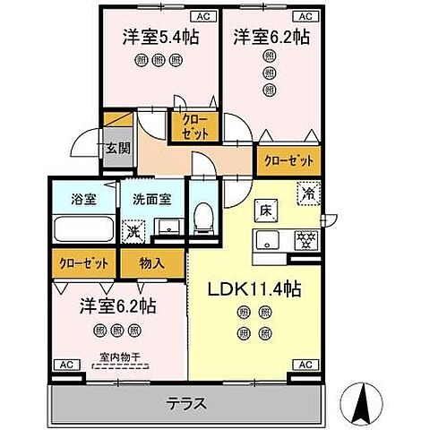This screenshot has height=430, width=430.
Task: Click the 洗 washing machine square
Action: pos(133,229)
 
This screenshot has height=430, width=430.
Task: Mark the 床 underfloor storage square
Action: pos(266,211)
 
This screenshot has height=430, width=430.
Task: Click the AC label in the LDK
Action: pos(305,365)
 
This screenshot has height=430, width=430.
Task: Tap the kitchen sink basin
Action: pos(269,239)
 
